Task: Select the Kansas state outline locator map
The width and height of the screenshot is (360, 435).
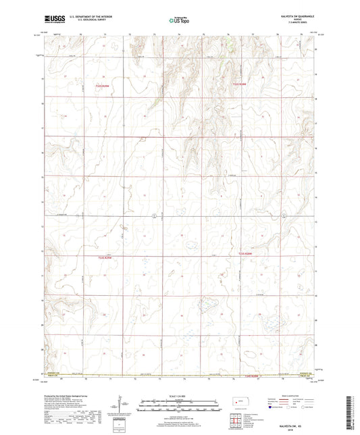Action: tap(238, 403)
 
